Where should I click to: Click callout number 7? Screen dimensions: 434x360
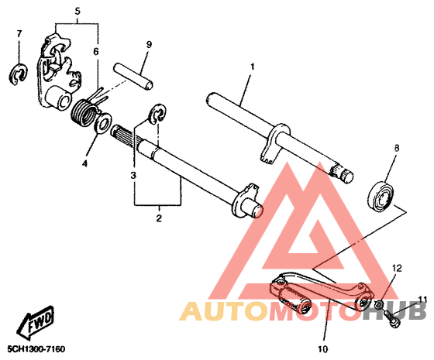tap(19, 34)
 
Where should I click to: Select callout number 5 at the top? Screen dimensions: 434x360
tap(77, 12)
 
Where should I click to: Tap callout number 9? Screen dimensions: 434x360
tap(149, 44)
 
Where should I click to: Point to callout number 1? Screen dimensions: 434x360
tap(252, 67)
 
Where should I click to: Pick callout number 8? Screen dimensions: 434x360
tap(397, 149)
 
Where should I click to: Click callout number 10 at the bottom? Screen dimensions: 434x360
tap(322, 349)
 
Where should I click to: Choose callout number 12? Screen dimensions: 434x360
tap(396, 268)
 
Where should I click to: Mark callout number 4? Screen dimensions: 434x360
tap(84, 163)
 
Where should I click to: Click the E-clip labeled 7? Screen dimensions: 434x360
tap(17, 74)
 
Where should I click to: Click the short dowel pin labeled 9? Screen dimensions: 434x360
tap(133, 76)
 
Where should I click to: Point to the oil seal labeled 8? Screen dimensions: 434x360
tap(381, 197)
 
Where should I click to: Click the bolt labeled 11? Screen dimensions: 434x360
tap(392, 319)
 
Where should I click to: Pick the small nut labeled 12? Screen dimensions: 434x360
tap(379, 304)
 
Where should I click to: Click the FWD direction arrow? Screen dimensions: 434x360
tap(35, 323)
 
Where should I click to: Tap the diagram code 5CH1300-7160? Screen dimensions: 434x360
tap(36, 349)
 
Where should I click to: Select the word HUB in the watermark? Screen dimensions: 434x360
tap(394, 311)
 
